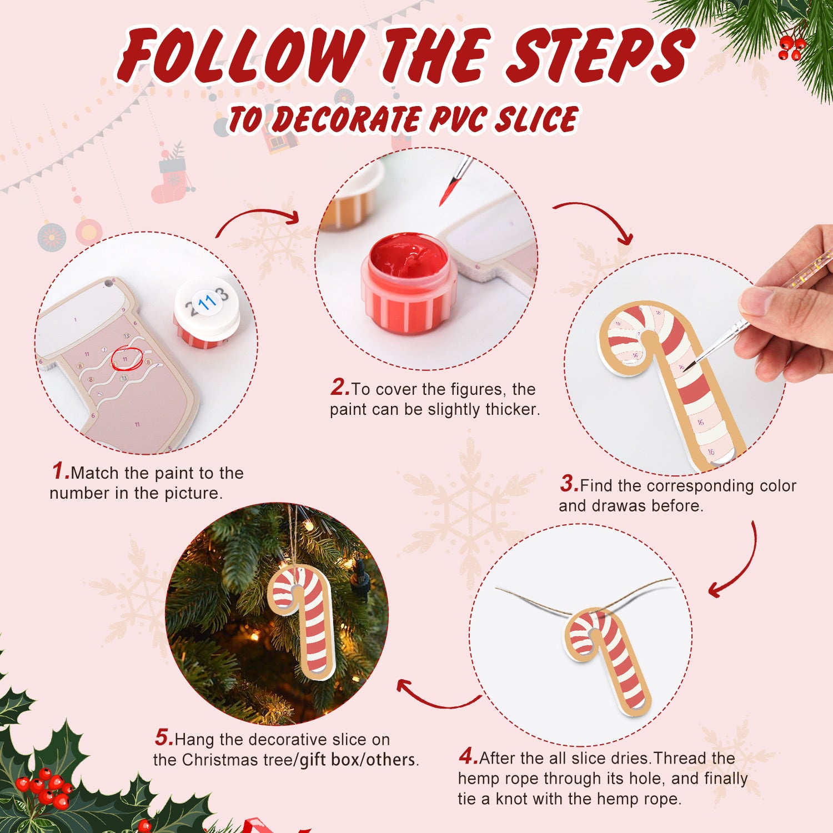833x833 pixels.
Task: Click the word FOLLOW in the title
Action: pyautogui.click(x=242, y=56)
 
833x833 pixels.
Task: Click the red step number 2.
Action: pyautogui.click(x=339, y=388)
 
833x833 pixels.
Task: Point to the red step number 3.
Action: pyautogui.click(x=569, y=484)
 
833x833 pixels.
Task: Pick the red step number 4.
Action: pyautogui.click(x=468, y=756)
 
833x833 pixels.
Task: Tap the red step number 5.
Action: pyautogui.click(x=164, y=738)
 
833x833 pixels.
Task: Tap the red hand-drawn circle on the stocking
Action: pyautogui.click(x=127, y=359)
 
